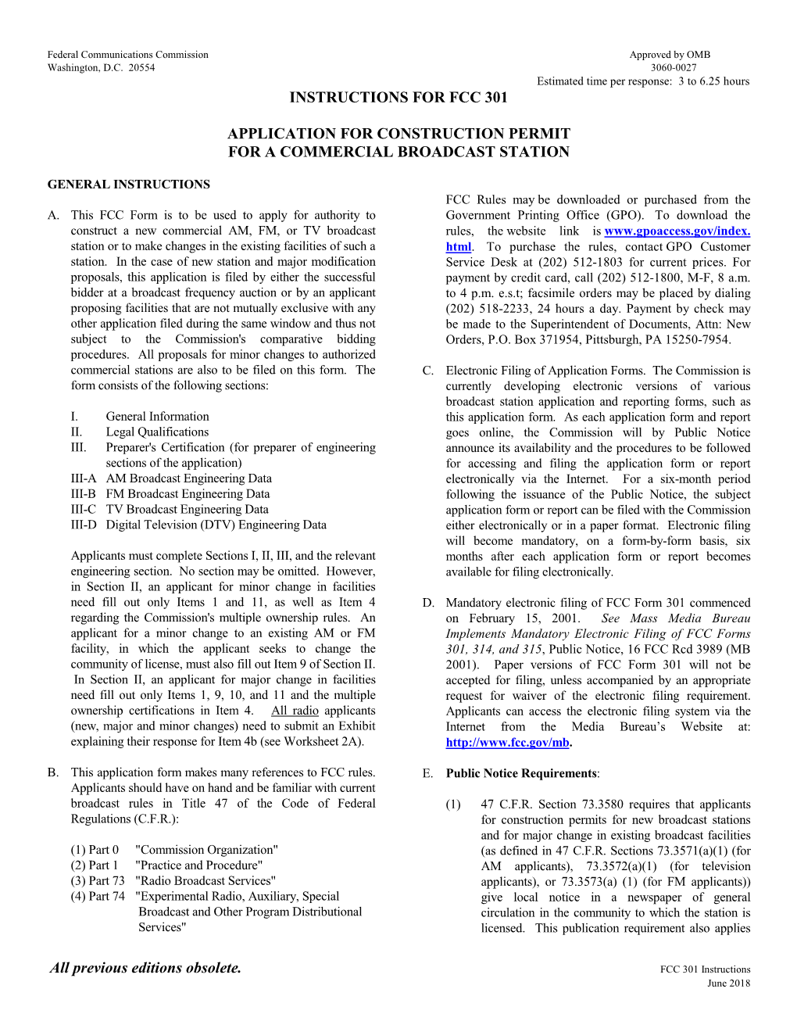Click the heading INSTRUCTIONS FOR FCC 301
point(398,98)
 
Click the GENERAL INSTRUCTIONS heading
point(129,185)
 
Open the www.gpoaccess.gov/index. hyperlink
point(677,231)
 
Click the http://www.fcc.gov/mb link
point(507,743)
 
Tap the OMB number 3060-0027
point(674,68)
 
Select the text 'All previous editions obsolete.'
point(146,968)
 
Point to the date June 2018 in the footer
point(728,984)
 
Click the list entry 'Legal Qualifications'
point(157,432)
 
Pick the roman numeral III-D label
point(84,525)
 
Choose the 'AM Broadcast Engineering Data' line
point(189,478)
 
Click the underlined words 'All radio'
point(295,711)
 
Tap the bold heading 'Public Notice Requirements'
point(521,773)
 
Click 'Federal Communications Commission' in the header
point(128,55)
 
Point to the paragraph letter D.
point(428,603)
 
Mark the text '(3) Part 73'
point(98,881)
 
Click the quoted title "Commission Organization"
point(206,850)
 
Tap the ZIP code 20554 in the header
point(142,68)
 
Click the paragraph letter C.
point(428,371)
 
